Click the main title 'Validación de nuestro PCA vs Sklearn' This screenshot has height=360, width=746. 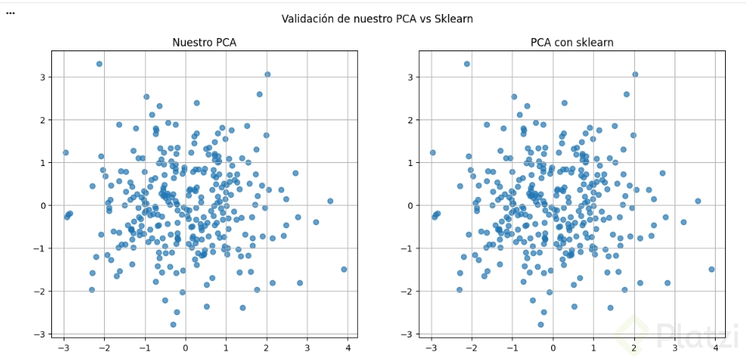point(376,19)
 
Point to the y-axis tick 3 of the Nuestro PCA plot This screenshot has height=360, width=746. point(43,77)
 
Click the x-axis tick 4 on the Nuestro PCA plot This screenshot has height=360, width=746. point(347,348)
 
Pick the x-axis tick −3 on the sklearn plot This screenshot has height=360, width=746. point(432,348)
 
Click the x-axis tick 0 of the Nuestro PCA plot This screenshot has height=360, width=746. point(186,348)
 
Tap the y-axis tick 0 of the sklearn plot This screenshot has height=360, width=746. point(411,206)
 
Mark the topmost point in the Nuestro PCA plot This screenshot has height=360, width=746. point(99,64)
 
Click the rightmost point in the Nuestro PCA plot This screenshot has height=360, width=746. point(344,269)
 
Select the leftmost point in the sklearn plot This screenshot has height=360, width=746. point(433,153)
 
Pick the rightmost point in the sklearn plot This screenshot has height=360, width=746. point(711,269)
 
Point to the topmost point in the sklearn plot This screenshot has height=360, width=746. point(467,64)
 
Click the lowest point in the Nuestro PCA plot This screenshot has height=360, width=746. point(173,324)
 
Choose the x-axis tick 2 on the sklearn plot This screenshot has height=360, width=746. point(633,348)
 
